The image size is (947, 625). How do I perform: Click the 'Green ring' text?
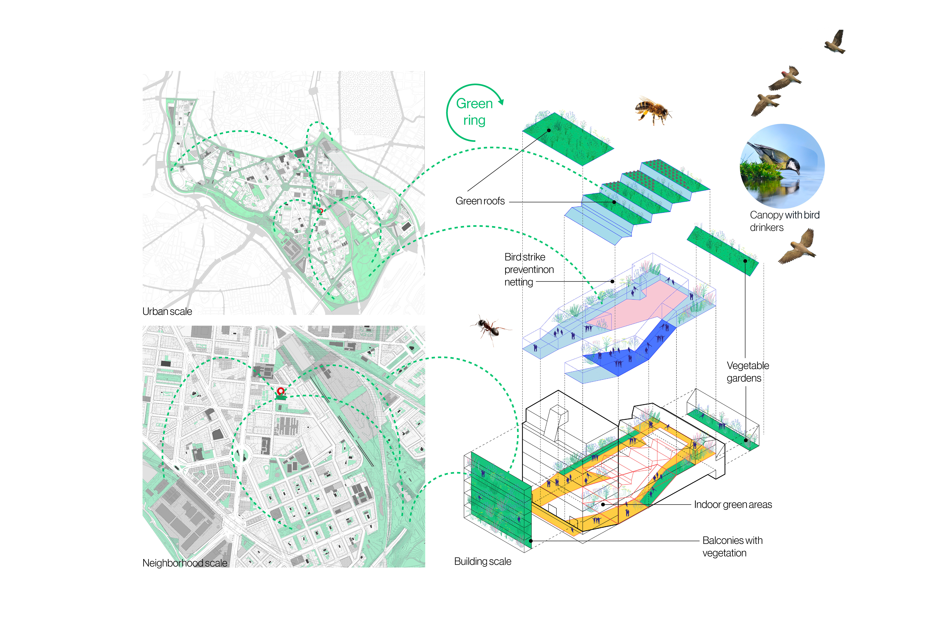click(474, 112)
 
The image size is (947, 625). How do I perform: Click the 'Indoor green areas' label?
click(733, 505)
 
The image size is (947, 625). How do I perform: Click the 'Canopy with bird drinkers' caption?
click(784, 221)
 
